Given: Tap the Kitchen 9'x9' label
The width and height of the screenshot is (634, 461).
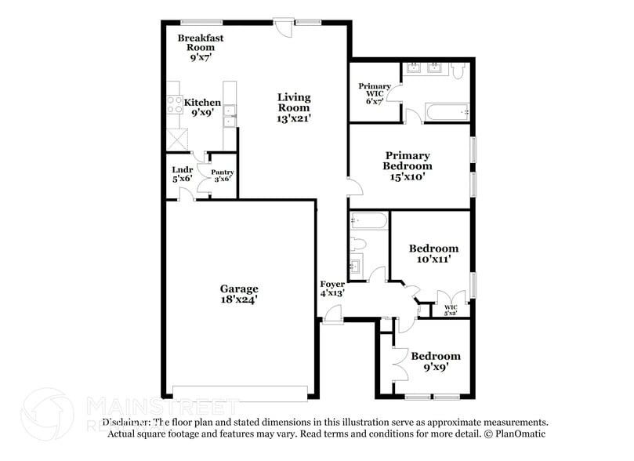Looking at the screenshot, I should point(202,107).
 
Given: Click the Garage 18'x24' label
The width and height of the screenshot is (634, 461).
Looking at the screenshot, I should point(238,294).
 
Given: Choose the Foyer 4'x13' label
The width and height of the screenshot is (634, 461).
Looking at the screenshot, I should point(332,288).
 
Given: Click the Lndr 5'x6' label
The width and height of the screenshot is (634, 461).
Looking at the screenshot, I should point(182,173).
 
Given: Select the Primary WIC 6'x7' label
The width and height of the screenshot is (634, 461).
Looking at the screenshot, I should point(375,93).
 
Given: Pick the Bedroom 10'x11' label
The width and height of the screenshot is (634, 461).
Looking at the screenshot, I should point(433,253).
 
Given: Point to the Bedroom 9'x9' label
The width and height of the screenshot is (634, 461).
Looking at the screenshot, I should point(435,361).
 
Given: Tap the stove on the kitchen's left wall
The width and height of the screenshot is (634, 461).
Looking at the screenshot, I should point(173,105).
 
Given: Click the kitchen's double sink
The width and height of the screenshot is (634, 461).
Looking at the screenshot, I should point(229,116).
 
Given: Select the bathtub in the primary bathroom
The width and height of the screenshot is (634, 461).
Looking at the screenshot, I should point(447,113).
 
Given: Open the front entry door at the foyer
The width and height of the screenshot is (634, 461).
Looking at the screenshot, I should point(332,315).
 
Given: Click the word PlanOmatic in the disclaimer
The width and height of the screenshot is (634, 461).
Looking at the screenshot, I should point(520,434).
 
